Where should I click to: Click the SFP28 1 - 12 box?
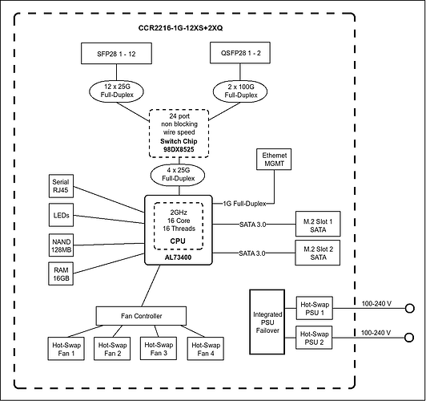click(116, 53)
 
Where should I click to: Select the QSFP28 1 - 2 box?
click(240, 53)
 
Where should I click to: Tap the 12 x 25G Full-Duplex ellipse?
click(117, 91)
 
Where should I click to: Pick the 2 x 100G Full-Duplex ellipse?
click(240, 91)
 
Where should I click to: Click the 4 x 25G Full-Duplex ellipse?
click(178, 174)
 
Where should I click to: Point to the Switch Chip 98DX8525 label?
click(179, 145)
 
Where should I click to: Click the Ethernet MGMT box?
click(274, 160)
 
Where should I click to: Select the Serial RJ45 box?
click(61, 186)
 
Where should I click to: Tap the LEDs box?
click(61, 215)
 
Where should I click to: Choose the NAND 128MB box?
click(61, 245)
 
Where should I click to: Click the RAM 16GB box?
click(61, 273)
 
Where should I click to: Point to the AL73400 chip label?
click(178, 257)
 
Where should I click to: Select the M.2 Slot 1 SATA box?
click(318, 224)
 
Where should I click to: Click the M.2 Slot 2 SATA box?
click(318, 253)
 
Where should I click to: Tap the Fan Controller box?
click(141, 316)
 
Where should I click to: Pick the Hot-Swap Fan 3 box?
click(159, 349)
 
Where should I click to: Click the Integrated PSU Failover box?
click(267, 322)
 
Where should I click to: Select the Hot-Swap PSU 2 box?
click(314, 338)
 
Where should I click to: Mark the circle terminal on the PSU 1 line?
click(409, 309)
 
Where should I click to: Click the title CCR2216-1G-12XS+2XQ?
click(180, 28)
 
